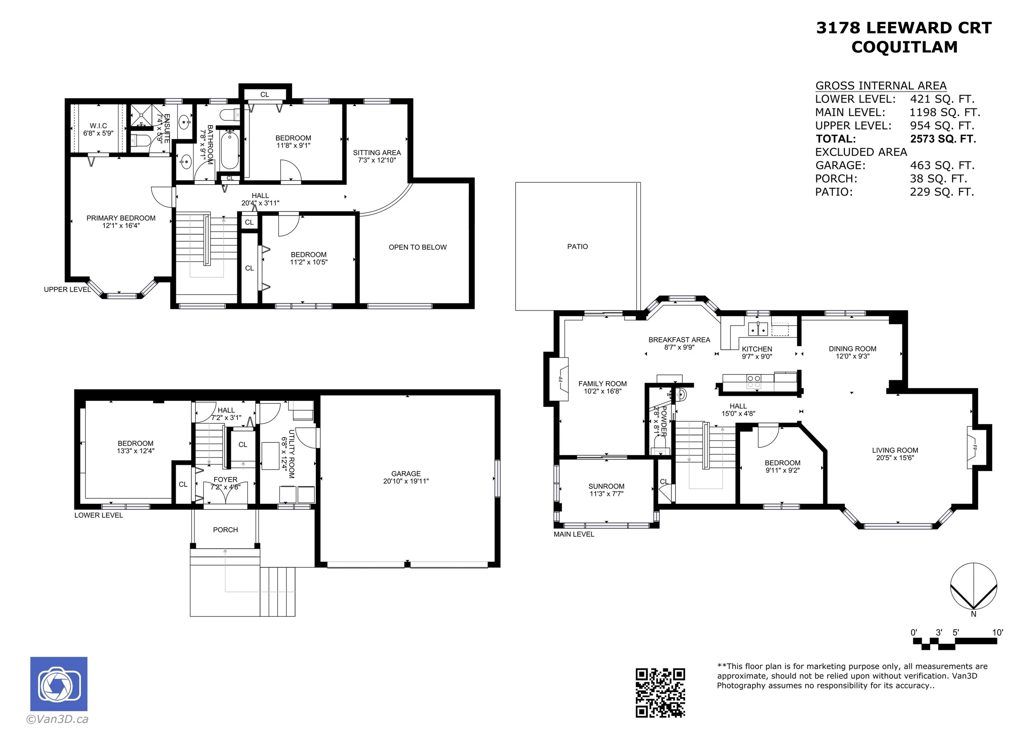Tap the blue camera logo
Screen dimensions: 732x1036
(59, 684)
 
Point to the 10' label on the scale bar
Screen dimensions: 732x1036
(997, 632)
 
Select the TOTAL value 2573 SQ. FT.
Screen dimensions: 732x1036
(943, 139)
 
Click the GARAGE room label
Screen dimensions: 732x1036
(406, 473)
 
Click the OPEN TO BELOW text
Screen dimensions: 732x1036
(417, 247)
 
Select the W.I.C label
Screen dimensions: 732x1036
(98, 126)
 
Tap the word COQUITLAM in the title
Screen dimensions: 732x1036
(904, 47)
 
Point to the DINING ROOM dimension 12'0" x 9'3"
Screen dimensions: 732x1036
(852, 356)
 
